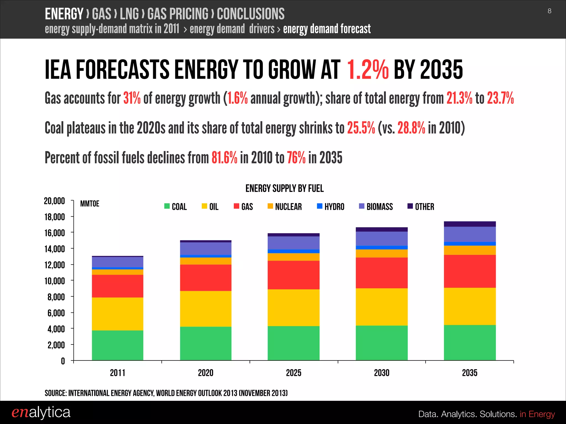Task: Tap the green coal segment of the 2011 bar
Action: [x=117, y=345]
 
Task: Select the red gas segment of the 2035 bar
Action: [x=470, y=271]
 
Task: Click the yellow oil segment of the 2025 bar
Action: [x=294, y=308]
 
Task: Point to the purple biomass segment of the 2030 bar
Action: [x=381, y=239]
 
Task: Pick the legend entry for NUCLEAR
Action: [x=285, y=206]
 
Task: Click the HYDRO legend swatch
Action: [x=319, y=206]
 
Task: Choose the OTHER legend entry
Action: [x=421, y=206]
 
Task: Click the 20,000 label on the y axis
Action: [x=54, y=201]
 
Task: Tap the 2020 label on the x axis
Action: [x=205, y=373]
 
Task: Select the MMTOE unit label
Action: [x=90, y=204]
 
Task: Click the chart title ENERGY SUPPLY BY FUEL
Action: [x=284, y=189]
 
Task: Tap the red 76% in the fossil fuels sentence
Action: [x=296, y=158]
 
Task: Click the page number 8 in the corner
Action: [x=549, y=11]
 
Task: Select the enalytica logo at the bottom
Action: [x=41, y=412]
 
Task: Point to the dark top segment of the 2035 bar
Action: [x=470, y=224]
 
